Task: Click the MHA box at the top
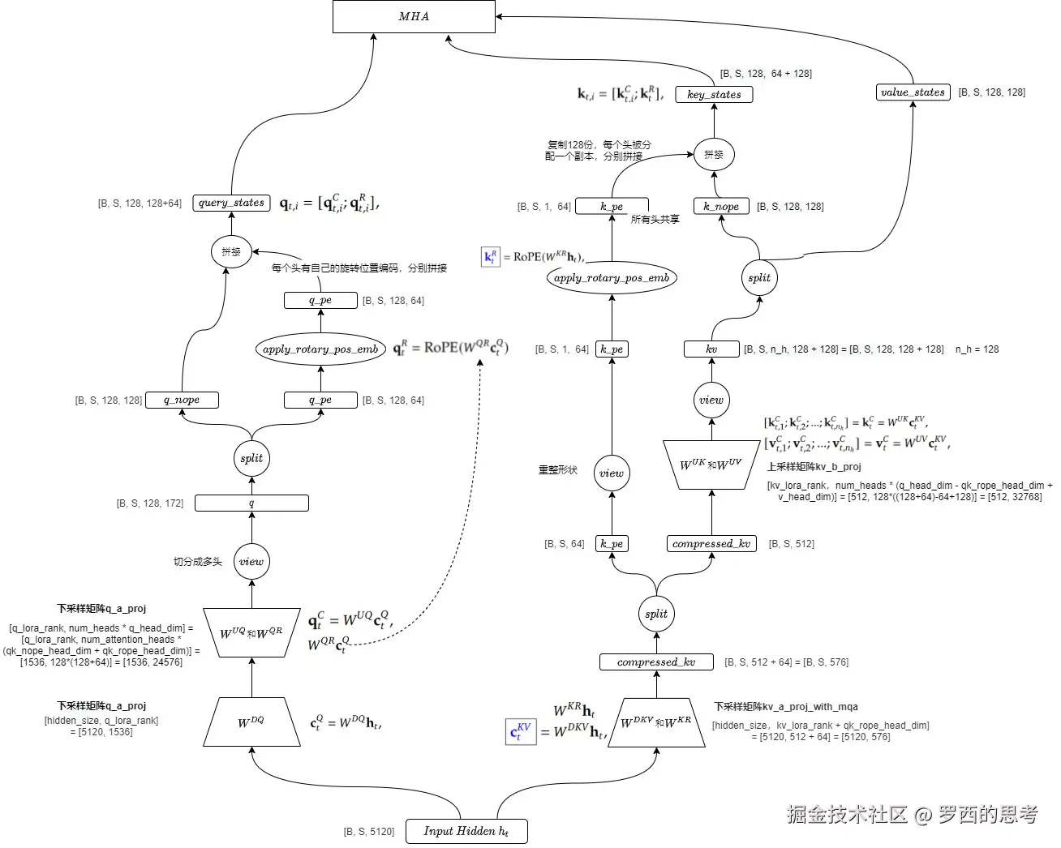coord(414,16)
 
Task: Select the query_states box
coord(231,203)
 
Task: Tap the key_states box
coord(714,94)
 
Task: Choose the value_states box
coord(913,92)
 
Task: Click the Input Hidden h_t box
coord(466,831)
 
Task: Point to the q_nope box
coord(182,400)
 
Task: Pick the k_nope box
coord(721,206)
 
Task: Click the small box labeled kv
coord(711,349)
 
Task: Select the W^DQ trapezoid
coord(251,722)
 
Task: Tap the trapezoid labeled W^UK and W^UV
coord(711,465)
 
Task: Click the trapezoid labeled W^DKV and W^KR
coord(656,722)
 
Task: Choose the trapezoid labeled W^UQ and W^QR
coord(251,632)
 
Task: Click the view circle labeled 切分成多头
coord(251,562)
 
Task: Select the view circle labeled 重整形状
coord(612,473)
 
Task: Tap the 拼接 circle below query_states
coord(231,251)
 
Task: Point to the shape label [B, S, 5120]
coord(369,832)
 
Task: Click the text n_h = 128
coord(977,349)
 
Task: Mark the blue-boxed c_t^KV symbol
coord(520,731)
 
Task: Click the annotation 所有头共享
coord(655,220)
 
